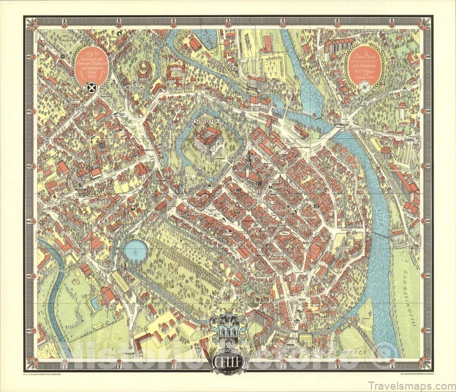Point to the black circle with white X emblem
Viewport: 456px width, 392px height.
pyautogui.click(x=90, y=88)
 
